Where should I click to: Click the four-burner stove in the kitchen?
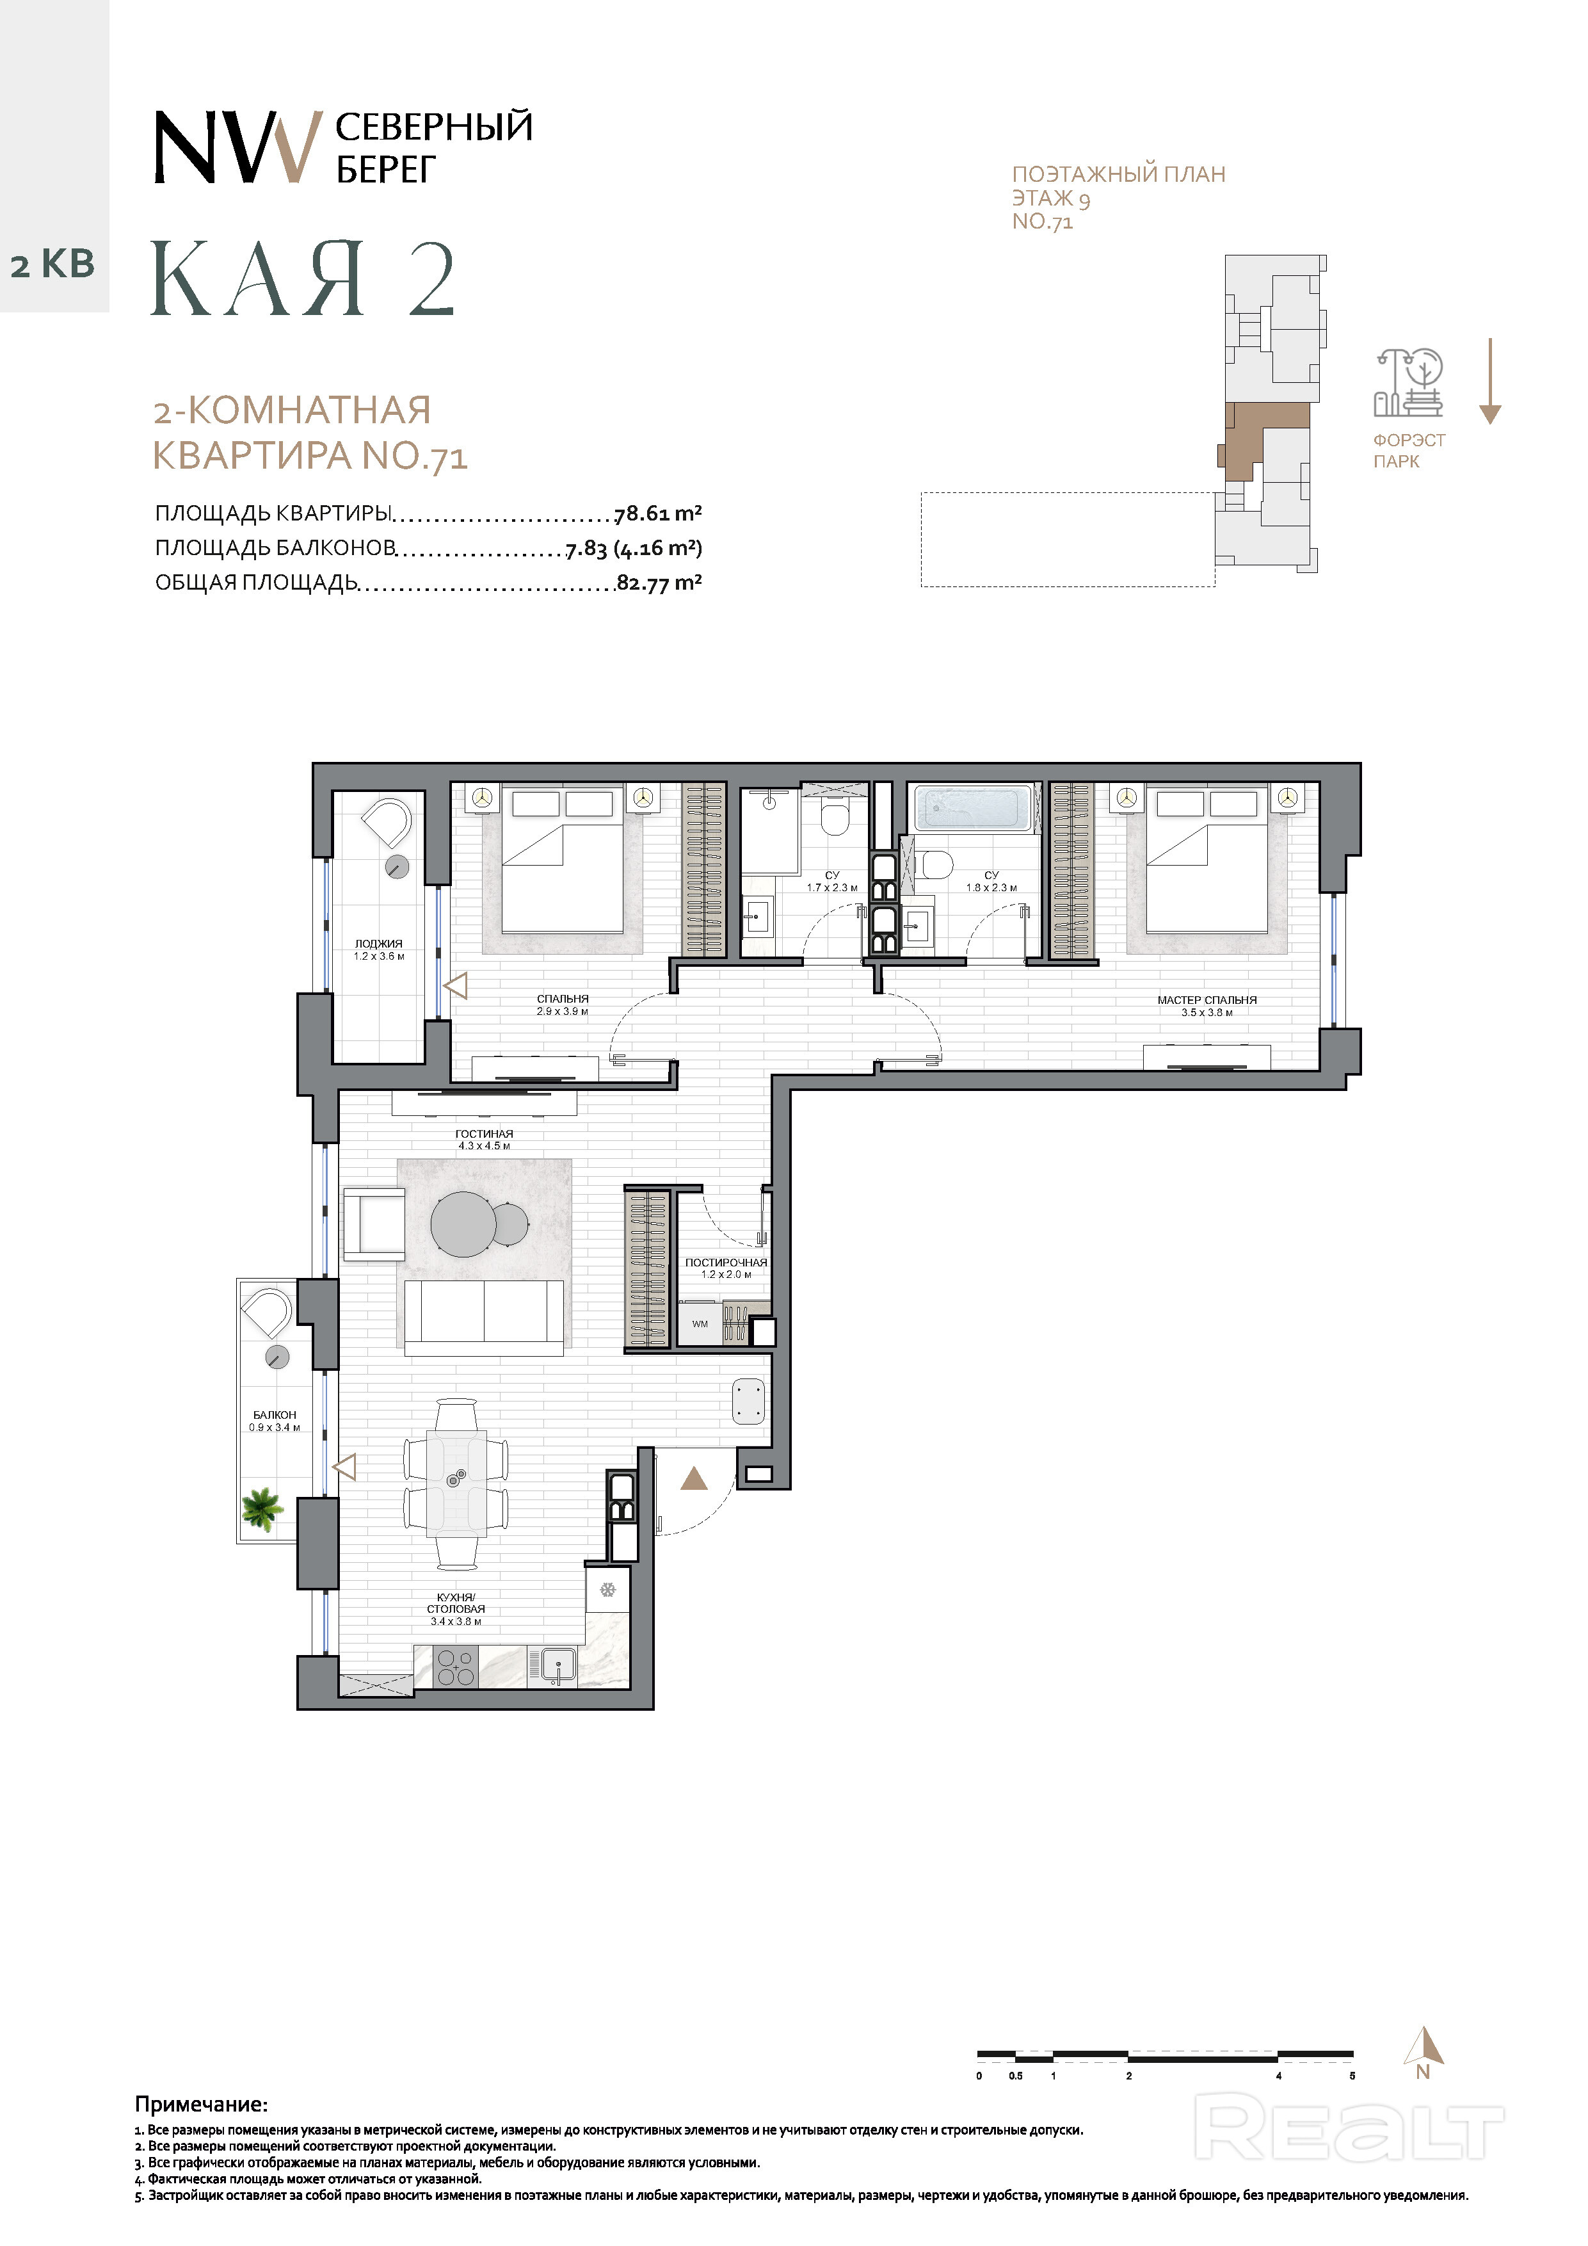coord(454,1667)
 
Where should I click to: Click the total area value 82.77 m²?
coord(659,583)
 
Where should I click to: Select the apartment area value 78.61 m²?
coord(658,513)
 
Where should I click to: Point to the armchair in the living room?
coord(374,1225)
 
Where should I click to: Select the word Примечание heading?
coord(202,2104)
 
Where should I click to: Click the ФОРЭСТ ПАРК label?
coord(1408,451)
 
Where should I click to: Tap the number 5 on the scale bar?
coord(1352,2076)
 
